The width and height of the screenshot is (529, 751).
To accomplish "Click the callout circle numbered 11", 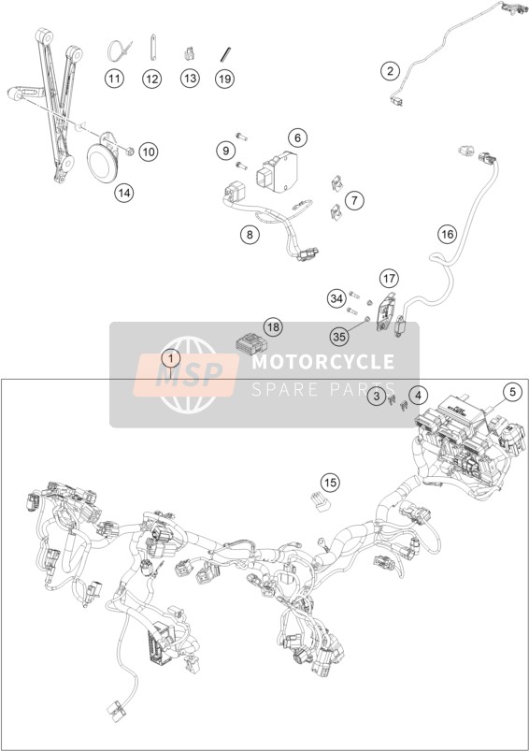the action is (114, 78).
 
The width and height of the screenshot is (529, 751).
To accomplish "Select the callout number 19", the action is (224, 78).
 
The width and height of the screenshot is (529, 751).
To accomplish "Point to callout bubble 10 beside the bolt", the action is (149, 152).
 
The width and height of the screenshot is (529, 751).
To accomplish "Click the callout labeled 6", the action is (297, 137).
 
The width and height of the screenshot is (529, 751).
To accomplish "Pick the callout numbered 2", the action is (390, 71).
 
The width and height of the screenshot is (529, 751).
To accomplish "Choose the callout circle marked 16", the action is (447, 234).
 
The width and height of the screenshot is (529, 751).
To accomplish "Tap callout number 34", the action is (337, 299).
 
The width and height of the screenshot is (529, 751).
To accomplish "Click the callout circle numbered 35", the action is (339, 337).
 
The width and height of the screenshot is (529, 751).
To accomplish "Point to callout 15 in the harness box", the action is (330, 483).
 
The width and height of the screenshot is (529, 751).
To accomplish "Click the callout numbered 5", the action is (512, 392).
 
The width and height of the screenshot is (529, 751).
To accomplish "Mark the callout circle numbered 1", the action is (171, 358).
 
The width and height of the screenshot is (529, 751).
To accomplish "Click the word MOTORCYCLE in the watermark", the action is (323, 361).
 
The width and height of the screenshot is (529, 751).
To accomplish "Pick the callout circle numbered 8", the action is (250, 234).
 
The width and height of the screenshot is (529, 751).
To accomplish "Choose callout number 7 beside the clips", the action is (354, 200).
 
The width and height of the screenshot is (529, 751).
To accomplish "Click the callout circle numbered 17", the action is (390, 278).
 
